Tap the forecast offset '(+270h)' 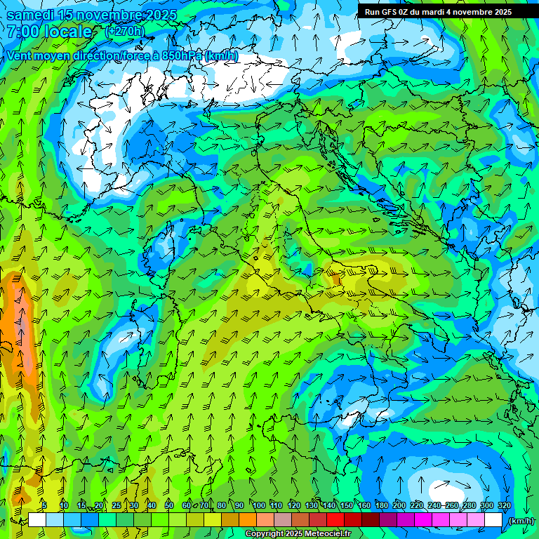click(124, 31)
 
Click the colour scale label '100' click(259, 506)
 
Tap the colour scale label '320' click(504, 506)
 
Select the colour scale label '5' click(44, 506)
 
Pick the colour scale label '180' click(381, 506)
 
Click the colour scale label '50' click(169, 506)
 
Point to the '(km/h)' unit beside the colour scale click(520, 521)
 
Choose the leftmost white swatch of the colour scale click(37, 520)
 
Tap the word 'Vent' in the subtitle click(20, 55)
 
